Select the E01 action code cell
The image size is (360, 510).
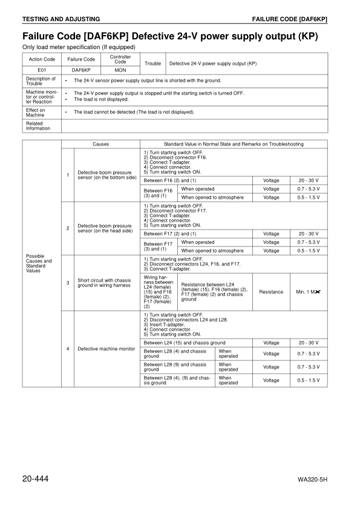click(42, 70)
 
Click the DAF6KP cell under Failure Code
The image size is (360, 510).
click(81, 70)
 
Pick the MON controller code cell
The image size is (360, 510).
click(120, 70)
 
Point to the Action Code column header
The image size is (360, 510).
click(42, 59)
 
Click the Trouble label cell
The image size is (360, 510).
click(153, 63)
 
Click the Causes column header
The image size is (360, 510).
click(100, 144)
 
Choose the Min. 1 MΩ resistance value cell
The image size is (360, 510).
click(309, 292)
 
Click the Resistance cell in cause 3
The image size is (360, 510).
click(271, 292)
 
